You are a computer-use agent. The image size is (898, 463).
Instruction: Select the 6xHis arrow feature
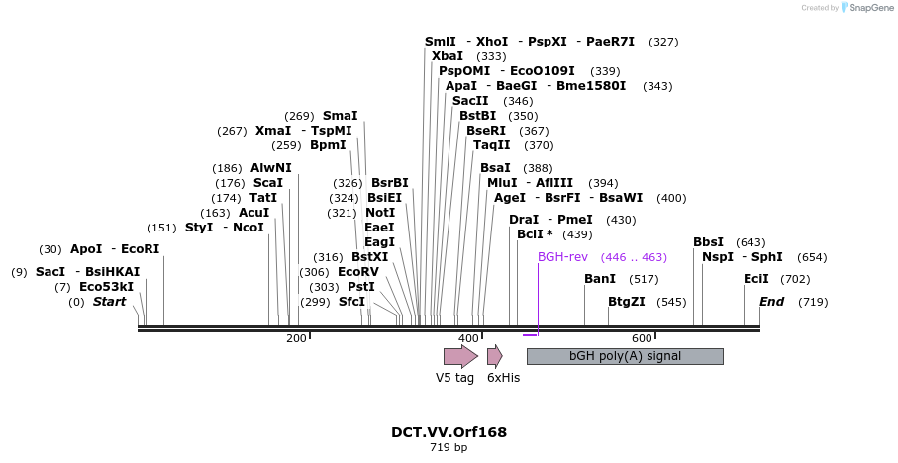click(494, 356)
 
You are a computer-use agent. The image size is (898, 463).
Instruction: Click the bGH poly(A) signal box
click(625, 356)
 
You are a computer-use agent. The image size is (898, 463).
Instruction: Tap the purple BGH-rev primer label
click(562, 257)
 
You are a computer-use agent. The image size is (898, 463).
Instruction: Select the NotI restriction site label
click(380, 213)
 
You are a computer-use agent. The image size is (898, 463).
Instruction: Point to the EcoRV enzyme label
click(358, 272)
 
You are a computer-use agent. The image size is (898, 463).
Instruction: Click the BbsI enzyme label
click(708, 242)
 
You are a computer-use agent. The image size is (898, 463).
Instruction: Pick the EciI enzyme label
click(756, 279)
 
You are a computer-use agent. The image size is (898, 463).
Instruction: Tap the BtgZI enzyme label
click(626, 302)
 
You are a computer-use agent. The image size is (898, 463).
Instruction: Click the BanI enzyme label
click(600, 279)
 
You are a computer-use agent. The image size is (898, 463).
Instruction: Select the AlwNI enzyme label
click(271, 168)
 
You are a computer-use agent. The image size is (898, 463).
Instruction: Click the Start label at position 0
click(109, 302)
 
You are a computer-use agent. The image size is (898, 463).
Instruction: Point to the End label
click(771, 302)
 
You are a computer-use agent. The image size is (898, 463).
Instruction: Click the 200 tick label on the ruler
click(296, 338)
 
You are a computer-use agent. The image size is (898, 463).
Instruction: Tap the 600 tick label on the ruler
click(641, 338)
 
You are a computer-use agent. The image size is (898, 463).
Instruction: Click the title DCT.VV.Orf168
click(449, 432)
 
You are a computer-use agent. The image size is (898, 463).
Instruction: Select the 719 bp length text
click(449, 448)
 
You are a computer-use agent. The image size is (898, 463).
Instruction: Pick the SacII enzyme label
click(470, 101)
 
